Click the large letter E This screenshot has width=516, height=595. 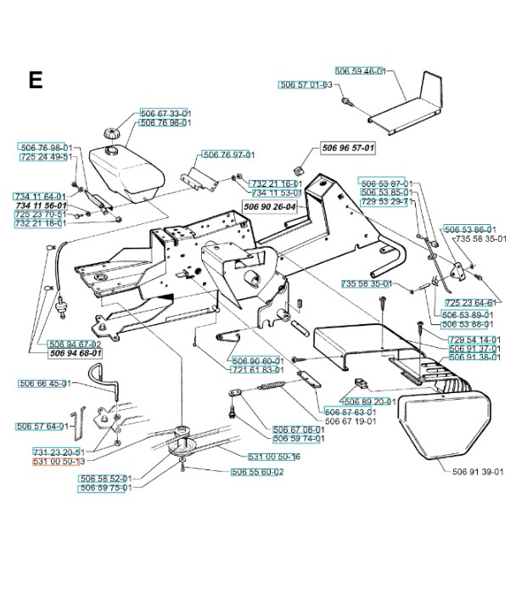35,80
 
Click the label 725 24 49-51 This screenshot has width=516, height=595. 45,157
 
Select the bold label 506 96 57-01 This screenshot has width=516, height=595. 348,148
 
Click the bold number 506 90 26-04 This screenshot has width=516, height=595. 269,206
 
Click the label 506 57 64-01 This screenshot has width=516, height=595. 42,426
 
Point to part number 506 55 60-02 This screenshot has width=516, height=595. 257,472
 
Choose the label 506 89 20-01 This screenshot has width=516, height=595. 366,400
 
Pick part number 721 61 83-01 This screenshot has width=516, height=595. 256,370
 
